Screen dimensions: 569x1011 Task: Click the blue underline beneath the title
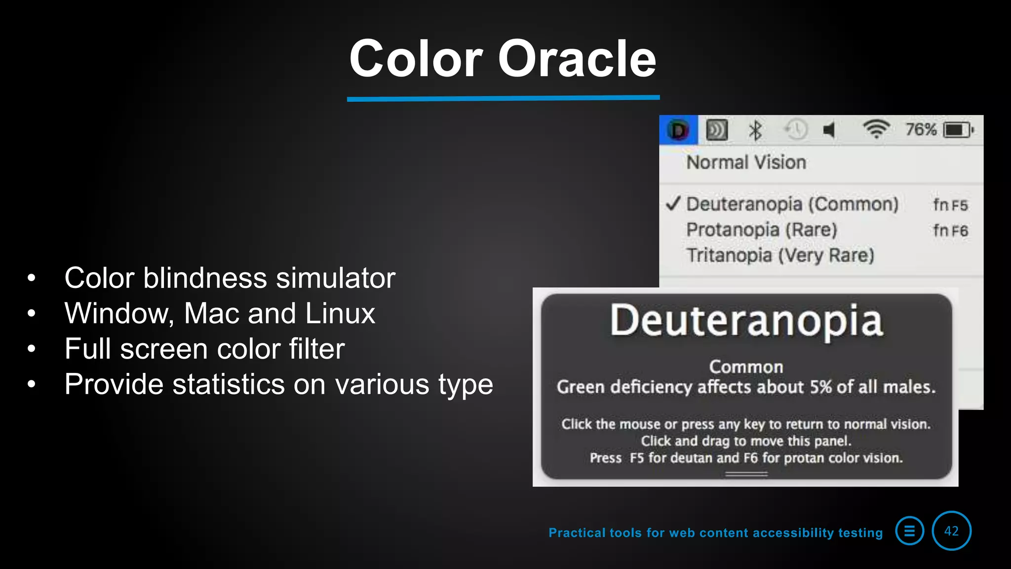point(503,98)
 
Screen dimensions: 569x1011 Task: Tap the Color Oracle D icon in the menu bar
point(678,130)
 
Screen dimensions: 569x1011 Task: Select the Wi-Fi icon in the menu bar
point(876,129)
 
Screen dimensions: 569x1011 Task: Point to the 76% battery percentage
point(921,130)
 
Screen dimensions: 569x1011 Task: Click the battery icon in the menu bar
point(958,130)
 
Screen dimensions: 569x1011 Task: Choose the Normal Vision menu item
point(746,163)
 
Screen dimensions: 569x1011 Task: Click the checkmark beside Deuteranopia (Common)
point(673,203)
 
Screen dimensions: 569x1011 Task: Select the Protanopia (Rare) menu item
point(762,230)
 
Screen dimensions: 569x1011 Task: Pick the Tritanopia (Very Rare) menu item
point(780,256)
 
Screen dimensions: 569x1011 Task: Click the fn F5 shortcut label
point(950,205)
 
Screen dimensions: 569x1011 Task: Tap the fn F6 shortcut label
point(950,231)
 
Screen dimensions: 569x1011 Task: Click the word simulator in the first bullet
point(335,278)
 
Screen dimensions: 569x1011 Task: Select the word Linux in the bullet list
point(340,314)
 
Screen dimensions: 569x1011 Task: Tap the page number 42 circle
point(951,531)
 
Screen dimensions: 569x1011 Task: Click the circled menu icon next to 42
point(909,531)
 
